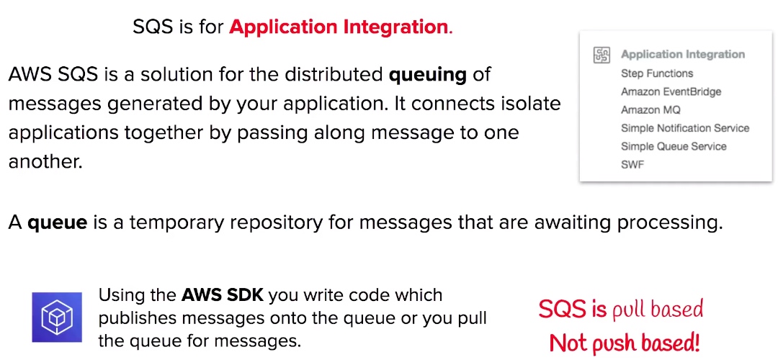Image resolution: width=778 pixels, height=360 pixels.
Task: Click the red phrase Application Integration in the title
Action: [x=339, y=27]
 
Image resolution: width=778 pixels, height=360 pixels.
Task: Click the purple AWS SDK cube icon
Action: [x=57, y=318]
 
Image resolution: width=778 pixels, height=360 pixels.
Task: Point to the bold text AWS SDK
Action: [x=223, y=295]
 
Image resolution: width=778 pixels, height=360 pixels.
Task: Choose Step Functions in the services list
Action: [x=657, y=73]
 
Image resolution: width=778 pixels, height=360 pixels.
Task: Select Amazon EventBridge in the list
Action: [x=671, y=91]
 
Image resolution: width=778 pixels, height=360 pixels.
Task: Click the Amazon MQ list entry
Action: [x=650, y=110]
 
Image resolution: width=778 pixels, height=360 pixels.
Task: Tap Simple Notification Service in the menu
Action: [x=685, y=128]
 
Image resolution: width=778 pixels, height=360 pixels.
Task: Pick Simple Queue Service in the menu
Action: [x=674, y=147]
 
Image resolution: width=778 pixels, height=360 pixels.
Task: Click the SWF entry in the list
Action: [x=632, y=165]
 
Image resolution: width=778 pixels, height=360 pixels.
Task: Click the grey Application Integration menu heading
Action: [x=683, y=55]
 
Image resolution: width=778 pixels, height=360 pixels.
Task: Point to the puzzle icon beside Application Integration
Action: [x=602, y=55]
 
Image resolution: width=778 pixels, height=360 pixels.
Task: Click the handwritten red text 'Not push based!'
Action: [x=625, y=342]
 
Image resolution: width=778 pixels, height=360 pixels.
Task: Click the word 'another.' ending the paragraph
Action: [x=45, y=162]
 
